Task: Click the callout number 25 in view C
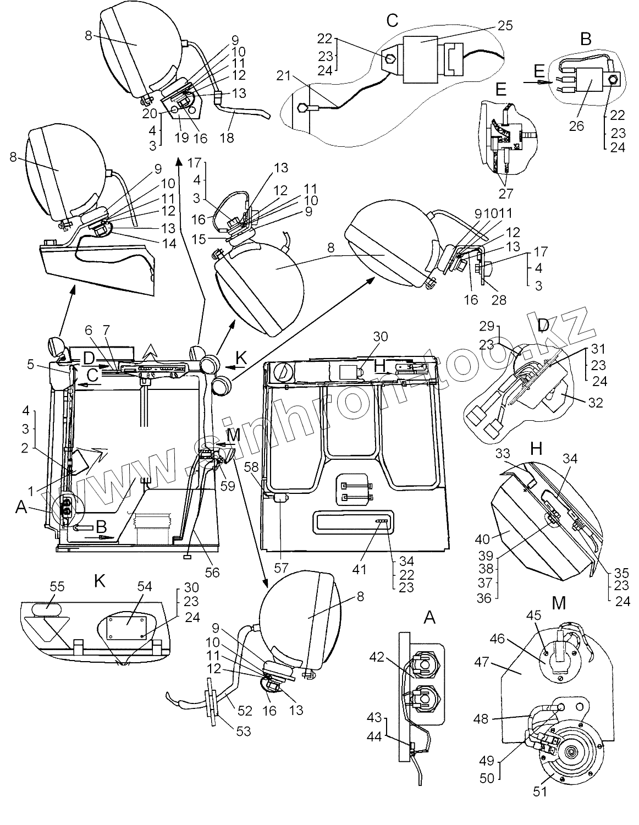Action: (x=505, y=25)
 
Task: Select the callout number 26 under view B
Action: (x=576, y=125)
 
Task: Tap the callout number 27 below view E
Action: (x=505, y=193)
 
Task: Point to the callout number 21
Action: (x=283, y=76)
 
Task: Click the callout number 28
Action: (x=499, y=300)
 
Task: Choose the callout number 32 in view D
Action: (x=596, y=403)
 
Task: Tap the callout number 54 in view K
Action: (x=145, y=586)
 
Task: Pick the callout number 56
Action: (x=212, y=572)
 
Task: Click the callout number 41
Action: (x=359, y=569)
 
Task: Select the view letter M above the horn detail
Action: (x=559, y=602)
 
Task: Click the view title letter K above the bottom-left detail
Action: (x=100, y=581)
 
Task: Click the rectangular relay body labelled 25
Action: (x=421, y=59)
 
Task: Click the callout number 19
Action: (x=182, y=137)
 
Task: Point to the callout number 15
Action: (x=199, y=239)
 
